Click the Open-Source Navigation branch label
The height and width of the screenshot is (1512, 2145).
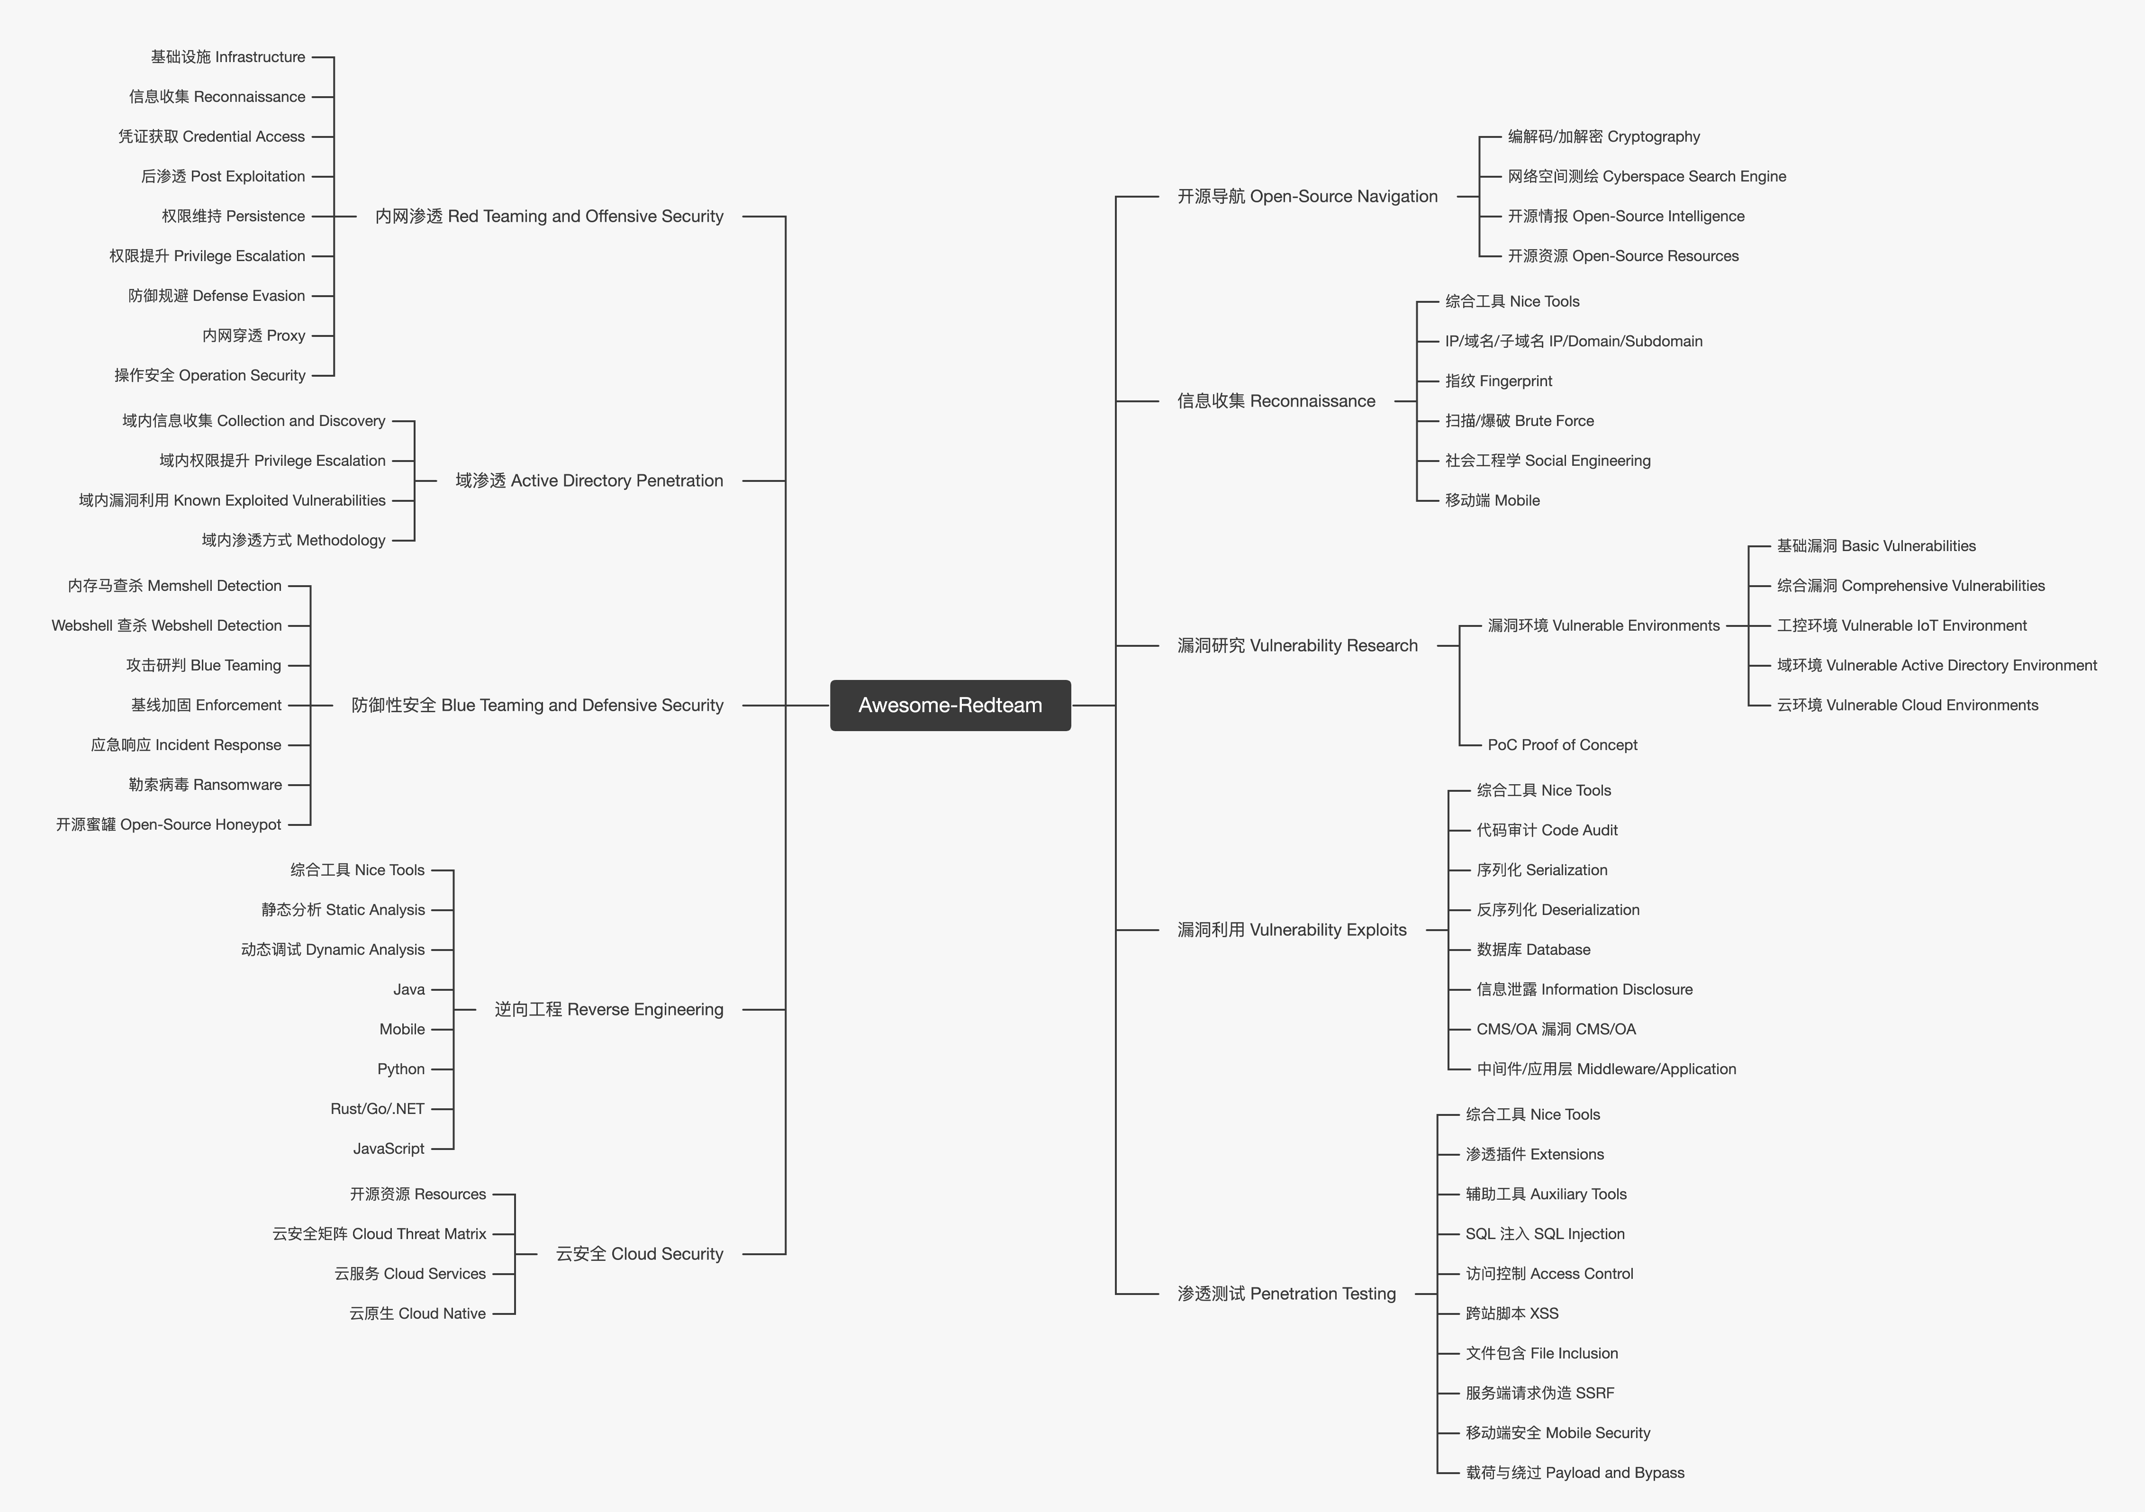(1307, 196)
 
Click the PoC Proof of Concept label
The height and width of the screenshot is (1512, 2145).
(1562, 745)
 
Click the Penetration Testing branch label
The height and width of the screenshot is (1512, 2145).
(1286, 1294)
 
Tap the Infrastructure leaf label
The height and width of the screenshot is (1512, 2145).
(228, 57)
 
